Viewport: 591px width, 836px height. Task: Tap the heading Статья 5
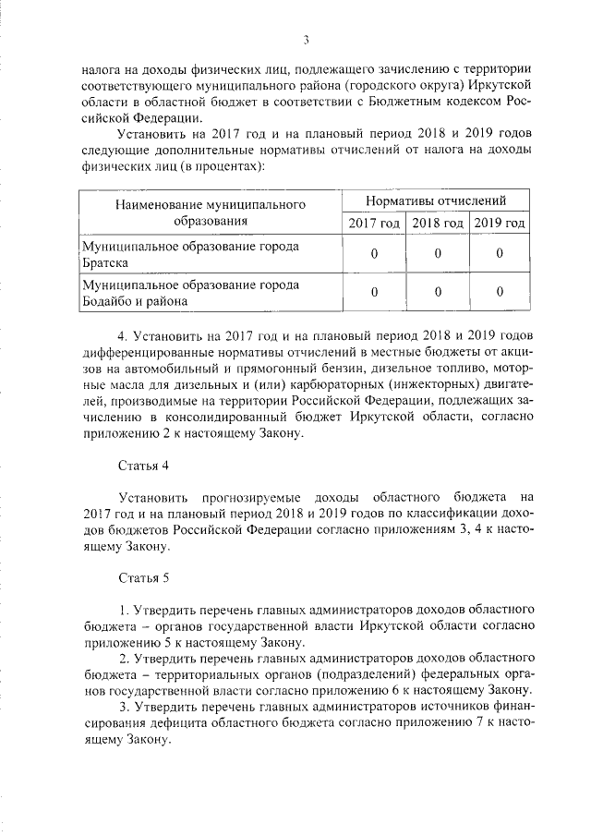146,578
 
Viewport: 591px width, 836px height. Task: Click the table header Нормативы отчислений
436,200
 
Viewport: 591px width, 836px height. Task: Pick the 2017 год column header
374,224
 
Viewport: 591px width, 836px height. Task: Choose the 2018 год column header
437,224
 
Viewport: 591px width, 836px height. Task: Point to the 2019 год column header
499,224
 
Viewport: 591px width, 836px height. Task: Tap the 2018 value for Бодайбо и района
437,293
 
